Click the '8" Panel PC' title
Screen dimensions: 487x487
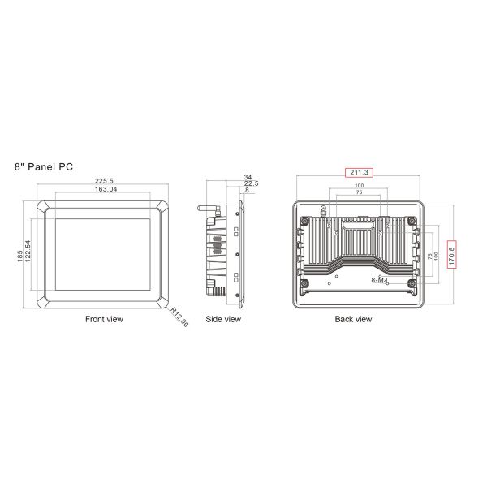click(44, 166)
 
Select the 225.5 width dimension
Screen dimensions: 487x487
click(104, 181)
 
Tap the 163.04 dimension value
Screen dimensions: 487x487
click(104, 190)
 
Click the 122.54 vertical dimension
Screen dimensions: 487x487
click(28, 252)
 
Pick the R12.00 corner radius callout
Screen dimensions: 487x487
click(180, 317)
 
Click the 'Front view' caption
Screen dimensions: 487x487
click(104, 320)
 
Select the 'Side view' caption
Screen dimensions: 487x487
click(222, 320)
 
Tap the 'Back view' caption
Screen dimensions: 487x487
click(353, 320)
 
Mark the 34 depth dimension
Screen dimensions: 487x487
click(247, 176)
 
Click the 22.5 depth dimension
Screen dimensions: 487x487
click(251, 183)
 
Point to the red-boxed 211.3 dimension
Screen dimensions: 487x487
click(359, 173)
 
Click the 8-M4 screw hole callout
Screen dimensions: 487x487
click(379, 280)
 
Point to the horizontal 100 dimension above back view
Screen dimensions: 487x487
click(359, 186)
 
